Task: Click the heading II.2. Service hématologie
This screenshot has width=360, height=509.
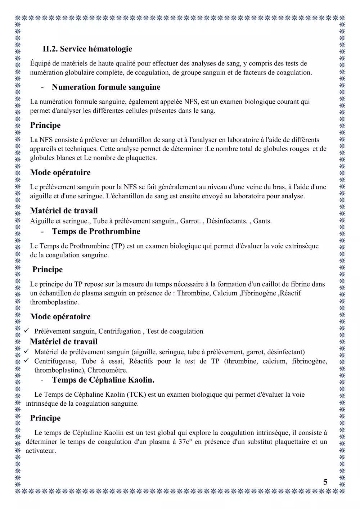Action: (x=87, y=49)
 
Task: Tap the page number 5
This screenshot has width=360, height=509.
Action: (x=325, y=482)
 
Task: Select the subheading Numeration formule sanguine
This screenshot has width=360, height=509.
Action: (x=106, y=87)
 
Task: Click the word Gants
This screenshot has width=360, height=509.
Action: (x=262, y=221)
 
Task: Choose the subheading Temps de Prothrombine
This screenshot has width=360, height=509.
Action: (x=96, y=231)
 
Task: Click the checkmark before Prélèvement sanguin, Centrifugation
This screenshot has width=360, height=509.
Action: (x=26, y=331)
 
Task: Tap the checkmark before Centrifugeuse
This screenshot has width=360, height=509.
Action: (x=26, y=361)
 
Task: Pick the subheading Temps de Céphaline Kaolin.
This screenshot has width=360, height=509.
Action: (x=103, y=380)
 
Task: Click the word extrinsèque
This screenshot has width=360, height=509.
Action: (x=302, y=246)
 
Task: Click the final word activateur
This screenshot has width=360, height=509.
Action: (x=40, y=451)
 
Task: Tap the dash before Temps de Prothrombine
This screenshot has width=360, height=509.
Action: (x=43, y=232)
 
